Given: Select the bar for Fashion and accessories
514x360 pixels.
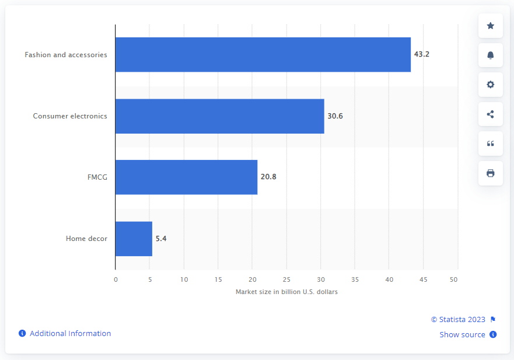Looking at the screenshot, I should (x=263, y=55).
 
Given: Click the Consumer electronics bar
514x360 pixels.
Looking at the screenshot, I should (x=219, y=116).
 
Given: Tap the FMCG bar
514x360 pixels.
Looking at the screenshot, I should (x=186, y=177).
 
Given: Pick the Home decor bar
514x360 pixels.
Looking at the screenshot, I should (x=134, y=239).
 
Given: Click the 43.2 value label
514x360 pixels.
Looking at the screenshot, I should (x=421, y=55).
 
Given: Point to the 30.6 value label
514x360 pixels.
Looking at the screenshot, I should (x=335, y=116).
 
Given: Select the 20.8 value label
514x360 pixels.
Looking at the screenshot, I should (x=268, y=177).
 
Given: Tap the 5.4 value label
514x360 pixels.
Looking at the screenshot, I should (x=161, y=239).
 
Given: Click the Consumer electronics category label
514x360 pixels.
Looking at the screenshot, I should (x=70, y=116).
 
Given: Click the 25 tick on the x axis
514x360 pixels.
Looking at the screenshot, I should (x=286, y=279).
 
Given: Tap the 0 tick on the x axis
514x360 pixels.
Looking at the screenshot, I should (x=116, y=279).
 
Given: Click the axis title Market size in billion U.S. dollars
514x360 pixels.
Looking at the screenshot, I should (x=286, y=292).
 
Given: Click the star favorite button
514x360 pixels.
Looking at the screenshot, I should (x=490, y=26).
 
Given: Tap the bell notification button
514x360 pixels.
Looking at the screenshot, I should (x=490, y=55).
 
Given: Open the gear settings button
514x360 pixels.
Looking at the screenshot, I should (x=490, y=85).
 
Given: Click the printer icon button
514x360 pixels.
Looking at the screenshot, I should (x=490, y=173).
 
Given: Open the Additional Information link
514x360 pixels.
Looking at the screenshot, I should (x=70, y=334).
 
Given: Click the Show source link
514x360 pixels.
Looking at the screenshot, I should (x=463, y=335).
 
